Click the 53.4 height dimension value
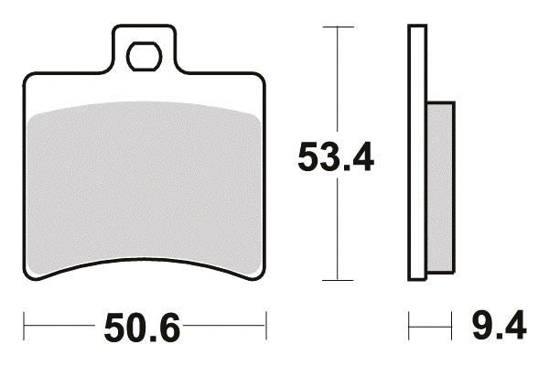[x=336, y=156]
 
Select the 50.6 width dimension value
[x=142, y=328]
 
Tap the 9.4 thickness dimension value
[x=499, y=325]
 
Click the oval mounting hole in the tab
[x=145, y=57]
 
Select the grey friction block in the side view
[x=440, y=187]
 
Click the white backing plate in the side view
[x=417, y=153]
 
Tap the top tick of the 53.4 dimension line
[x=338, y=27]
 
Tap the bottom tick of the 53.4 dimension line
[x=338, y=280]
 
